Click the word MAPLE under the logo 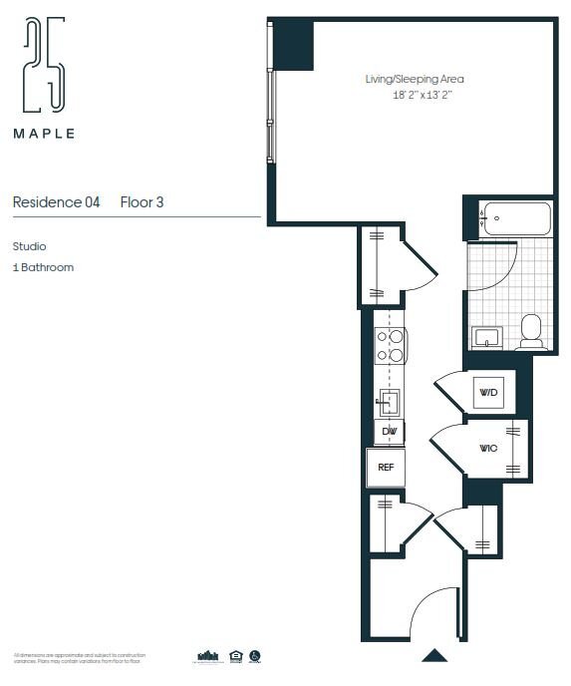44,133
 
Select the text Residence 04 56,202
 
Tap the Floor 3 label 142,202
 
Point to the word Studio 30,246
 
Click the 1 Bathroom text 43,267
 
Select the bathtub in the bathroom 515,218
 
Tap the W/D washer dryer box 488,392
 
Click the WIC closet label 487,449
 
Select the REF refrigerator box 385,467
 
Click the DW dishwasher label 388,432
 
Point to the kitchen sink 389,402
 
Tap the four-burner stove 390,345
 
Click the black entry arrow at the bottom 433,655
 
